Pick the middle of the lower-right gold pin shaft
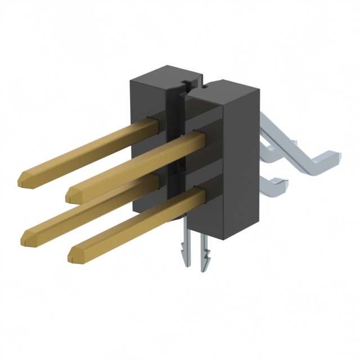pyautogui.click(x=135, y=225)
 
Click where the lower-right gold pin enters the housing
pyautogui.click(x=198, y=194)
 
